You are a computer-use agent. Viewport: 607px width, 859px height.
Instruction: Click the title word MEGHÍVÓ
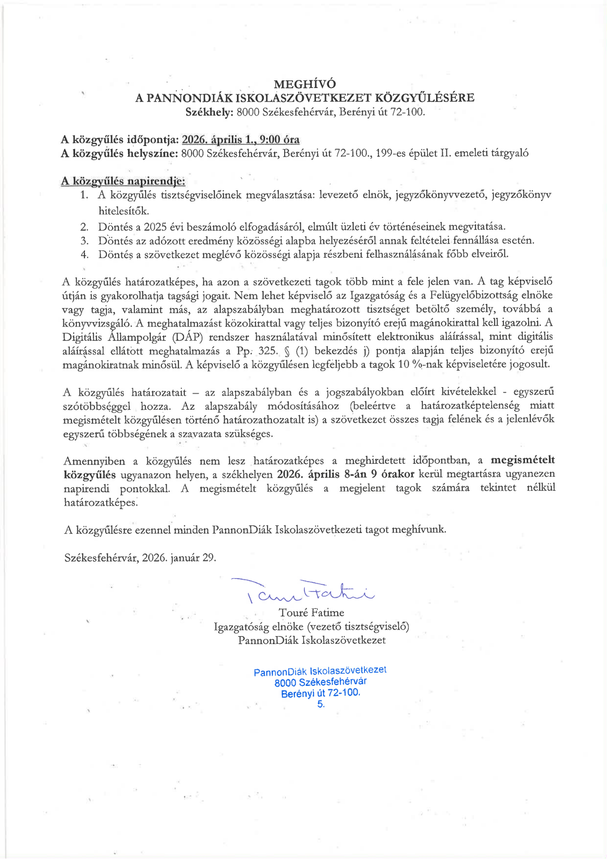click(305, 84)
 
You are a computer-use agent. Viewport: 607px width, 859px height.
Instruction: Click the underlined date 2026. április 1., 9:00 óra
click(240, 140)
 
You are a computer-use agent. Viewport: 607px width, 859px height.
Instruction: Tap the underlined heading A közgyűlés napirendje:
click(123, 181)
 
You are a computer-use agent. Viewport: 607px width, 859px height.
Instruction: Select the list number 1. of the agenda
click(84, 195)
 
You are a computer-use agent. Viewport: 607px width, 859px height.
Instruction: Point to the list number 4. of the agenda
click(85, 254)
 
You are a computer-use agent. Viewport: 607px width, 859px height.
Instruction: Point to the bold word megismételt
click(522, 460)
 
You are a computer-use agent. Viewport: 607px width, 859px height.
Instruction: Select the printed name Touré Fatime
click(311, 612)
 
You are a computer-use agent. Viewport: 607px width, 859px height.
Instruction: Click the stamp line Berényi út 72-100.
click(320, 693)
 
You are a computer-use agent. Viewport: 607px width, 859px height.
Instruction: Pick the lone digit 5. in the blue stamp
click(321, 704)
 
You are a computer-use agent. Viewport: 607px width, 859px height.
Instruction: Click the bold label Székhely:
click(209, 112)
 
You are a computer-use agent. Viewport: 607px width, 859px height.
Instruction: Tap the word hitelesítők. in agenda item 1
click(124, 211)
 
